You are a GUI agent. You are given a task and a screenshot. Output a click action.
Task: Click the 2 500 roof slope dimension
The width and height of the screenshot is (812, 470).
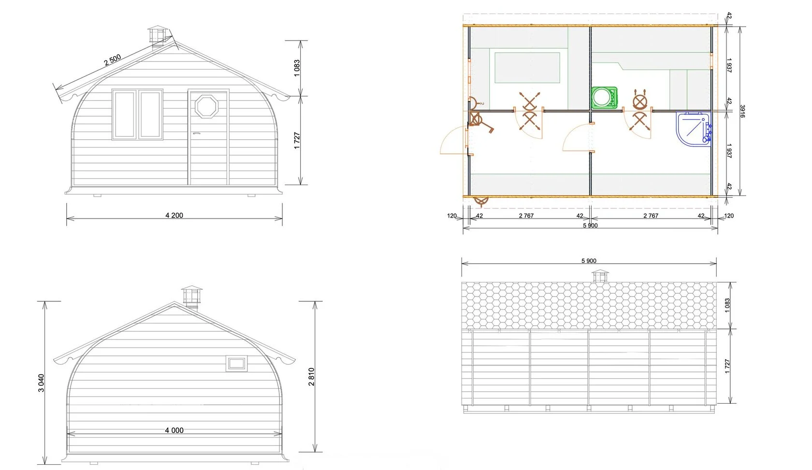point(112,60)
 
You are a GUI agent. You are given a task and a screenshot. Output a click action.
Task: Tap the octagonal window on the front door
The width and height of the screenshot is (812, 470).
point(207,106)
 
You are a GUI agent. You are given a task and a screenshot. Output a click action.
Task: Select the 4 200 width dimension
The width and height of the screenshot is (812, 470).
point(174,215)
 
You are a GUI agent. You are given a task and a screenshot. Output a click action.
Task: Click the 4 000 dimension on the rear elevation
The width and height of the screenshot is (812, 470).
point(174,430)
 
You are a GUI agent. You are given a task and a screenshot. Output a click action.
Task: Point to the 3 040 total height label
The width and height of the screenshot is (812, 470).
point(41,383)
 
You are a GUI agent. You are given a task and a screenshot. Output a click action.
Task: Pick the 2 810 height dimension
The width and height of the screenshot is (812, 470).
point(311,376)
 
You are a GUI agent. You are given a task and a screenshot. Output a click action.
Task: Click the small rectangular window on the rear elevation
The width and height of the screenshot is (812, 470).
point(237,364)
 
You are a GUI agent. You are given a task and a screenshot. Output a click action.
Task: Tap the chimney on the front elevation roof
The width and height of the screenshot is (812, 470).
point(158,37)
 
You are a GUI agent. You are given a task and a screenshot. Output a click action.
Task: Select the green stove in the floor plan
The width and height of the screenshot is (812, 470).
point(604,98)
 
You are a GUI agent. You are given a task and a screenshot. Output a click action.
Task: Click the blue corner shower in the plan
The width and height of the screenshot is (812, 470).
point(694,129)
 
